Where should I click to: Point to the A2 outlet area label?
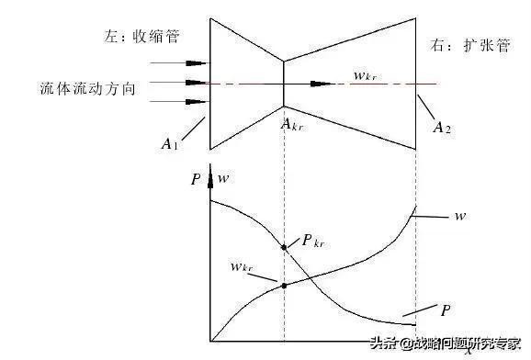tap(443, 126)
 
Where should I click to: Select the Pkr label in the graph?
tap(311, 242)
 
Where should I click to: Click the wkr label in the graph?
tap(243, 266)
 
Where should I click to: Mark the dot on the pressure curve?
tap(284, 246)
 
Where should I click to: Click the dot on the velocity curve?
tap(284, 286)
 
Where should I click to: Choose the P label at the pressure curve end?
tap(446, 310)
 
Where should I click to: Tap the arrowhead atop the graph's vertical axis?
tap(210, 179)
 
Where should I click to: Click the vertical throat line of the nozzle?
tap(284, 83)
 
